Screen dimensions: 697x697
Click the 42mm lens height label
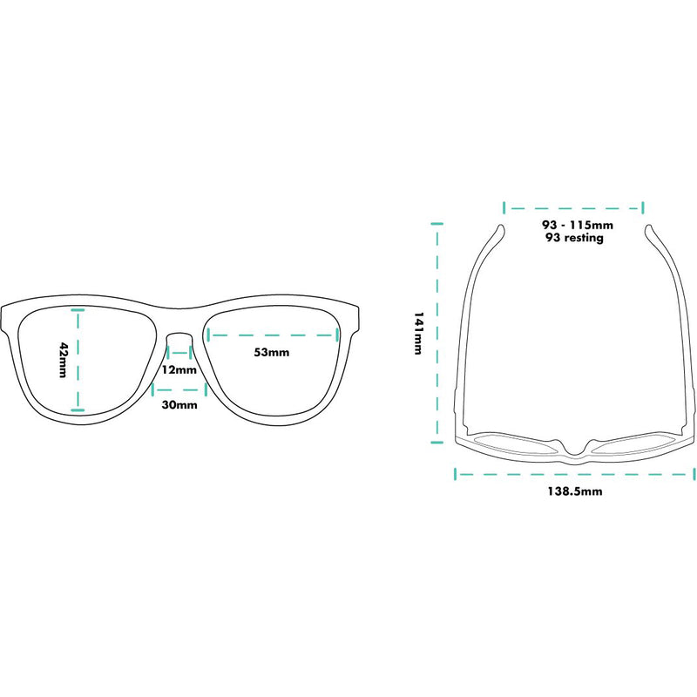coord(63,360)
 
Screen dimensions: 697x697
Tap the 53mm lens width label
coord(272,353)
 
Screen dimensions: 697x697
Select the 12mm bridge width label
coord(179,369)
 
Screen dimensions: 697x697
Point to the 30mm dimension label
coord(179,404)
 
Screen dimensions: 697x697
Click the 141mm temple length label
coord(418,333)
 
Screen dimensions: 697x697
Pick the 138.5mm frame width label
coord(575,491)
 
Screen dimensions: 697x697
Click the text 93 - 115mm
coord(578,225)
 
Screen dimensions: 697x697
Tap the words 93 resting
coord(574,238)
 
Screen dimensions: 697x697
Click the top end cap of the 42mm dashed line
coord(78,309)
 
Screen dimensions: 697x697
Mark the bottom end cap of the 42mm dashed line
coord(78,409)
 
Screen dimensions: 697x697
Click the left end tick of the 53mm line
coord(209,335)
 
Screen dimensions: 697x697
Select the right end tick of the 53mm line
coord(337,335)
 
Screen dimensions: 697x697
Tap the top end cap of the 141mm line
coord(437,224)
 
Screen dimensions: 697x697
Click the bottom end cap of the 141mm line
coord(437,442)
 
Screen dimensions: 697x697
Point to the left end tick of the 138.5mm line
coord(455,474)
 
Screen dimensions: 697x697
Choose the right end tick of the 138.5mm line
coord(694,474)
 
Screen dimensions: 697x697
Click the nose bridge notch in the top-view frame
coord(575,449)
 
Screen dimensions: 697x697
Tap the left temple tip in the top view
coord(501,227)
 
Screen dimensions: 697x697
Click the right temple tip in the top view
coord(648,227)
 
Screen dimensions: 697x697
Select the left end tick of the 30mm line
coord(153,389)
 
